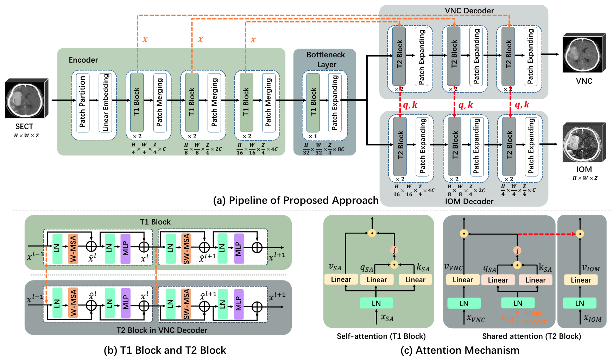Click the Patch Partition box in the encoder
[82, 102]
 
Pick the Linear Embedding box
[105, 102]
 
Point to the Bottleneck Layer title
[326, 59]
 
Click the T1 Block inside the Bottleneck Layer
[313, 102]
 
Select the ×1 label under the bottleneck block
[312, 136]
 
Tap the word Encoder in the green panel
[83, 60]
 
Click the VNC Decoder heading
[469, 11]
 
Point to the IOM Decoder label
[469, 201]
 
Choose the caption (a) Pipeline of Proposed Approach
[296, 200]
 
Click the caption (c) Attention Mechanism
[460, 350]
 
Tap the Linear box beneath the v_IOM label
[581, 280]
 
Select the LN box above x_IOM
[580, 303]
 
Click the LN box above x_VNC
[464, 303]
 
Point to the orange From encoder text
[533, 317]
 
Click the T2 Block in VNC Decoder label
[162, 330]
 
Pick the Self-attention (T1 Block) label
[381, 336]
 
